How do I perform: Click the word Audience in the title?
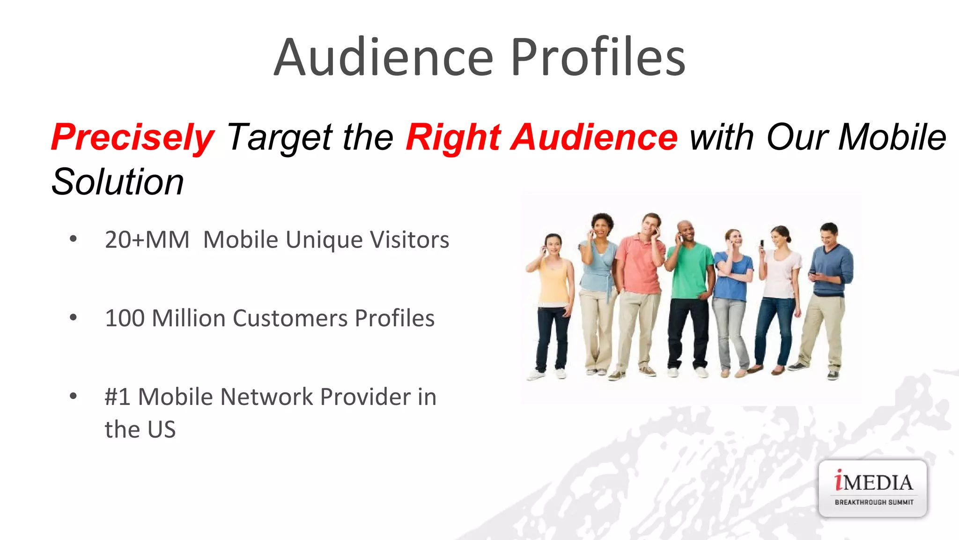pyautogui.click(x=384, y=57)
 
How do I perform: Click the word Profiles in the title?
pyautogui.click(x=598, y=57)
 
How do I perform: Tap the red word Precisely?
pyautogui.click(x=133, y=137)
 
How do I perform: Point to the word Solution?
pyautogui.click(x=118, y=182)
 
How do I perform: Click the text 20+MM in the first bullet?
pyautogui.click(x=147, y=240)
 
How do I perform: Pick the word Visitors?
pyautogui.click(x=410, y=240)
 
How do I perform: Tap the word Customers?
pyautogui.click(x=290, y=318)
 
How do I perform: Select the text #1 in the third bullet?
pyautogui.click(x=117, y=397)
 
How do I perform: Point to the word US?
pyautogui.click(x=162, y=429)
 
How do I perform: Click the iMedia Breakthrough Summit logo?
pyautogui.click(x=873, y=488)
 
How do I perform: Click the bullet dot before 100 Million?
pyautogui.click(x=73, y=318)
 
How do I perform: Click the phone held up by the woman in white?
pyautogui.click(x=762, y=244)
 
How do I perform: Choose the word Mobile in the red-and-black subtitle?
pyautogui.click(x=893, y=137)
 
